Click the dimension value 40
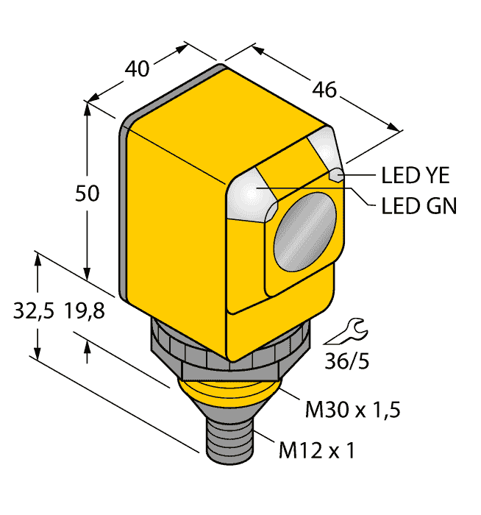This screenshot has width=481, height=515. point(138,69)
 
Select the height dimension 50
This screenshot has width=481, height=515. point(88,194)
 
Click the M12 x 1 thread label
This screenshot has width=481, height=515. point(317,449)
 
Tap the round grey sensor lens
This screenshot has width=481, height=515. point(304,228)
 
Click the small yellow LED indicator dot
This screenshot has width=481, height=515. point(335,175)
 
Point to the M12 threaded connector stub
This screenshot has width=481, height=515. point(227,441)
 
